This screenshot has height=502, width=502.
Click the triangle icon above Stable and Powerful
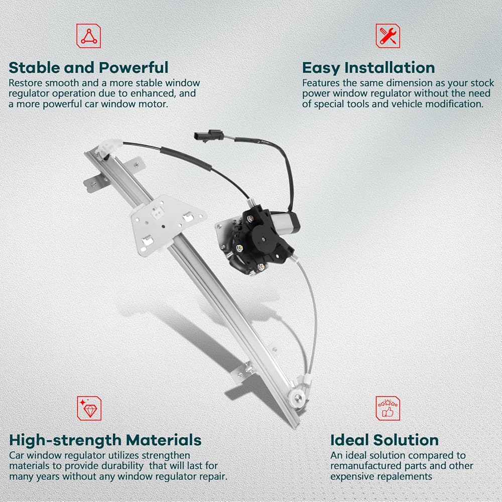89,36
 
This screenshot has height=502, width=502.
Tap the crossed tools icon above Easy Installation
388,36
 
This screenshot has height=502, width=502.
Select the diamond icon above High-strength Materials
89,408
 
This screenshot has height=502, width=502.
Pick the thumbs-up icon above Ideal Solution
388,408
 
